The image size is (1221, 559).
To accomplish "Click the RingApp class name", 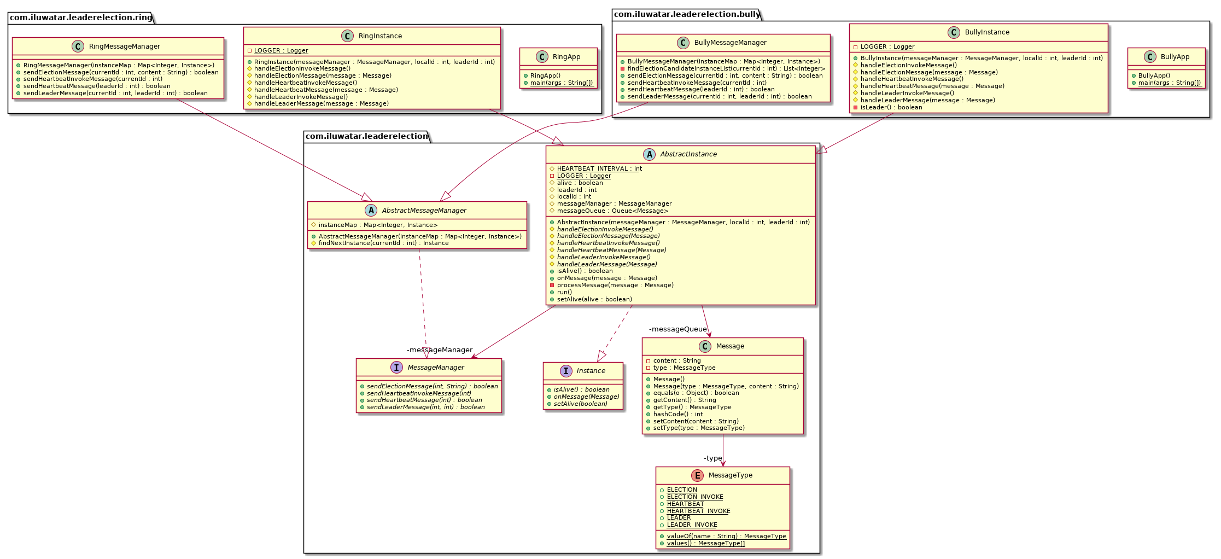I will (566, 57).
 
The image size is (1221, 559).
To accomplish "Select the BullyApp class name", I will (1175, 57).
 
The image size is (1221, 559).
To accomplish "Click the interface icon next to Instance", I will (566, 371).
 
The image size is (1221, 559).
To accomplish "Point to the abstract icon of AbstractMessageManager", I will (371, 211).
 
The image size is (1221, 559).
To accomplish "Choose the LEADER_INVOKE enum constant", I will (692, 525).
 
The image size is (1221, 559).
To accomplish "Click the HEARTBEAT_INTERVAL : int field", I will (599, 169).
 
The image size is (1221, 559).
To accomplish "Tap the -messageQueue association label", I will (677, 329).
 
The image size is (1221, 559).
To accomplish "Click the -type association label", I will (712, 458).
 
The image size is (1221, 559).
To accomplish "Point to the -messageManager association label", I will (440, 350).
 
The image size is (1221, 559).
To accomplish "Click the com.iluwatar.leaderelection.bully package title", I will (687, 14).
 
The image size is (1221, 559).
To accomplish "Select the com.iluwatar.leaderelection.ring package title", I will (81, 18).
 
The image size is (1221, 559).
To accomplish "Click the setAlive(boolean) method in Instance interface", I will (580, 404).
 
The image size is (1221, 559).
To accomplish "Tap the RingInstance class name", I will (380, 36).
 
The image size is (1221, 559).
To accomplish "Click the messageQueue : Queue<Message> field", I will (612, 211).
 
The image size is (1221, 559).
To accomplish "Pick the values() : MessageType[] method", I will (705, 544).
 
